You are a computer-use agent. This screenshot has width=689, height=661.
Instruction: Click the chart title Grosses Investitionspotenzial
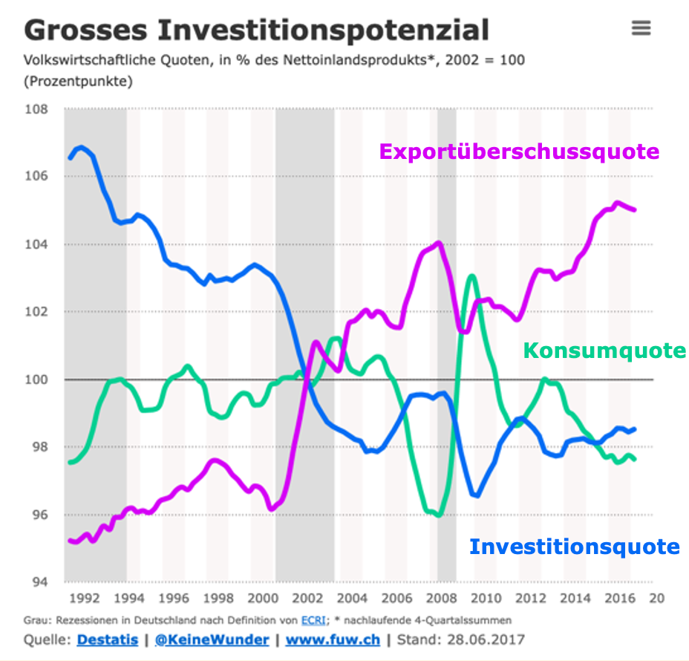click(x=256, y=30)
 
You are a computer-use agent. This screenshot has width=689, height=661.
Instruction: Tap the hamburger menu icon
click(x=641, y=28)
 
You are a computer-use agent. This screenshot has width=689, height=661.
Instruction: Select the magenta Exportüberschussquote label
click(x=519, y=152)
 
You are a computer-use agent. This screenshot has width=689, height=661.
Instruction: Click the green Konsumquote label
click(x=604, y=350)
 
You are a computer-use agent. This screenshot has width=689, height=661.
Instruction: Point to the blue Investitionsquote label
click(x=574, y=547)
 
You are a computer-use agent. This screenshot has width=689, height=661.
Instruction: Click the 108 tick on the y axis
click(x=36, y=110)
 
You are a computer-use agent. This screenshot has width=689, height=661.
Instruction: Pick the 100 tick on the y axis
click(x=36, y=380)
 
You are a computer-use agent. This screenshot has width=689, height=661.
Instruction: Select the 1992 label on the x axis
click(x=83, y=599)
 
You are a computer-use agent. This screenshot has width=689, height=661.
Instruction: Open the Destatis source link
click(x=105, y=639)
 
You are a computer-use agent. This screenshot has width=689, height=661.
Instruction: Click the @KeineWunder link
click(x=212, y=639)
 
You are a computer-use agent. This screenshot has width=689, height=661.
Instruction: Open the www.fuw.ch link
click(x=333, y=639)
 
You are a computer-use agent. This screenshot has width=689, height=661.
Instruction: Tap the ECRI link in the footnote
click(x=313, y=619)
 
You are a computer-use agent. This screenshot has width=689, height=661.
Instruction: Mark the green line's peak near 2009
click(x=471, y=276)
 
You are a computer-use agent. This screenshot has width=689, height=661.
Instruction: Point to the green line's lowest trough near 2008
click(x=439, y=515)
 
